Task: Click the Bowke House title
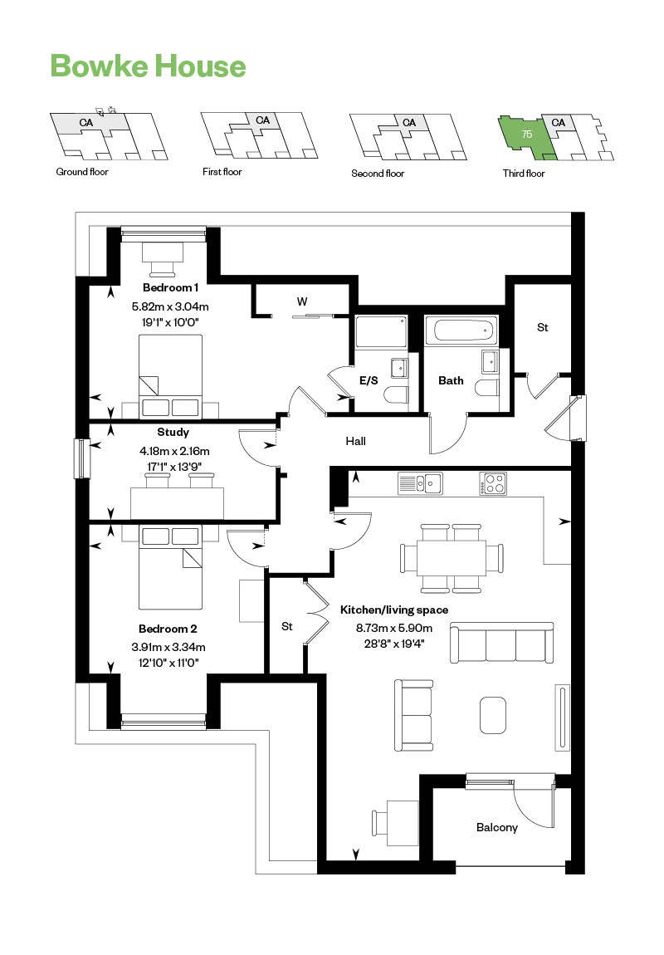(x=148, y=66)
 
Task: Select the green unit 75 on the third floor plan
(x=525, y=135)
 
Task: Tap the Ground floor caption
(x=82, y=172)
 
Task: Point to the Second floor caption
(x=378, y=173)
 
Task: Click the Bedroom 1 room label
(x=170, y=288)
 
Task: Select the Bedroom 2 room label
(x=168, y=629)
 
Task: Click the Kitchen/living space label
(x=394, y=610)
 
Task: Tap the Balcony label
(x=497, y=827)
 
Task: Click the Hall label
(x=355, y=441)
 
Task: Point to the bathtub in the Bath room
(x=461, y=331)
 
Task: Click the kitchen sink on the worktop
(x=420, y=482)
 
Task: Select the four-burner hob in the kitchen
(x=492, y=482)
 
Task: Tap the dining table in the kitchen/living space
(x=452, y=557)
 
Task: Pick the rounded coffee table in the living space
(x=495, y=714)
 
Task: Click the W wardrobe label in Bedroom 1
(x=302, y=301)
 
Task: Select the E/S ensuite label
(x=369, y=380)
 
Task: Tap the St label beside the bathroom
(x=542, y=327)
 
